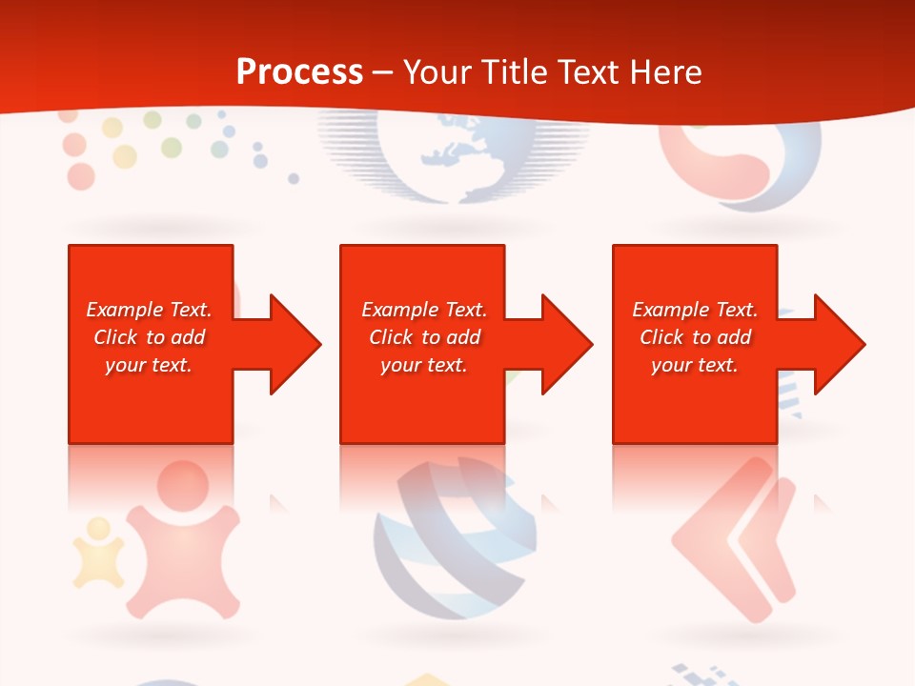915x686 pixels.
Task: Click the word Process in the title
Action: (x=299, y=72)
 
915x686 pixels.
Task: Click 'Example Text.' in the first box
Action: (x=149, y=310)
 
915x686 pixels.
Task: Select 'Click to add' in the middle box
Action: (x=424, y=337)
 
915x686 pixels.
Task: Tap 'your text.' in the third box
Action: (x=694, y=365)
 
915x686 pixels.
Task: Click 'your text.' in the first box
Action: (x=149, y=365)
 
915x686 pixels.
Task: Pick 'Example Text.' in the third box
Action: (x=694, y=310)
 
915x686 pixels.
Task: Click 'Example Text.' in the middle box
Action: (x=424, y=310)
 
